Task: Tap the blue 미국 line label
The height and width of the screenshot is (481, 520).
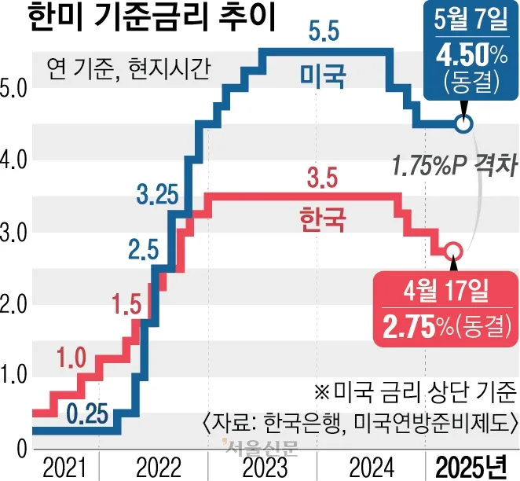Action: click(x=324, y=75)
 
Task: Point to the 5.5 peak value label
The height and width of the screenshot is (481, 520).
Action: click(x=324, y=33)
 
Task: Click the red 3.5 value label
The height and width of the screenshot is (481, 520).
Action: click(x=322, y=180)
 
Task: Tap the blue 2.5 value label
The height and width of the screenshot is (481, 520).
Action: click(x=144, y=252)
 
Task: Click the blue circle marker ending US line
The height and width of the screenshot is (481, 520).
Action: click(x=463, y=124)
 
